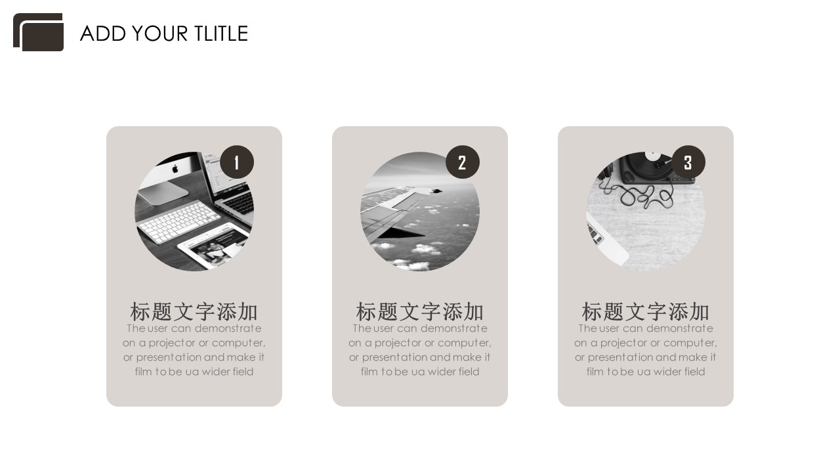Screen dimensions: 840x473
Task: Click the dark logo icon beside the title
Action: tap(38, 32)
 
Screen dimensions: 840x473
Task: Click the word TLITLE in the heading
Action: tap(221, 34)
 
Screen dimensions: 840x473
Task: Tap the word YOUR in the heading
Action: tap(159, 34)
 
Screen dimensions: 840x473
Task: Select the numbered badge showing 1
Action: tap(237, 162)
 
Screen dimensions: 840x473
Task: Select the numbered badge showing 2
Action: tap(463, 162)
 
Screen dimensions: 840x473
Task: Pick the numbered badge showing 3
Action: tap(688, 162)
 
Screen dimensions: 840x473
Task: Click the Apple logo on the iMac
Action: tap(175, 169)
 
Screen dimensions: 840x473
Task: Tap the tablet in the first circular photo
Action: tap(213, 245)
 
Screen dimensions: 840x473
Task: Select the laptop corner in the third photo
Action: tap(606, 240)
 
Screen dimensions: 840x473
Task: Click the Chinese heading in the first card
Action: tap(194, 311)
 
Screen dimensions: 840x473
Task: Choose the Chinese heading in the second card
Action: tap(419, 311)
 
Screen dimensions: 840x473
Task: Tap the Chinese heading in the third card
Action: tap(645, 311)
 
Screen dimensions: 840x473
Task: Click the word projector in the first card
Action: tap(172, 343)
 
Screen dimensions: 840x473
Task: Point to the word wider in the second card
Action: tap(441, 372)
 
